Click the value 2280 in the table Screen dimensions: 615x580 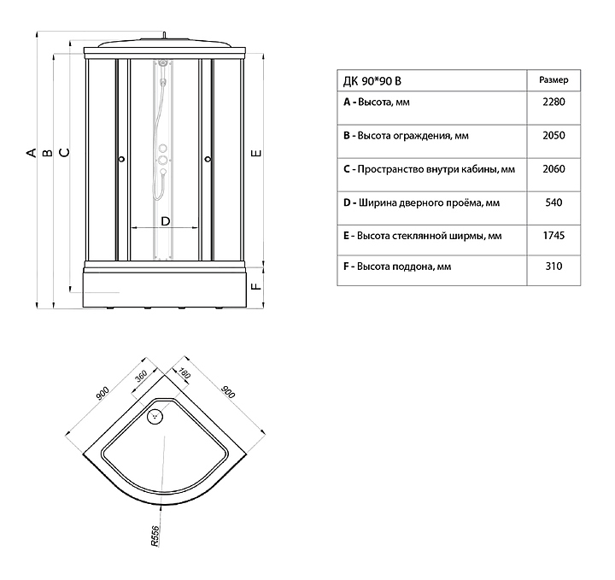point(553,102)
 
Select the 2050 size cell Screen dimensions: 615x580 point(553,136)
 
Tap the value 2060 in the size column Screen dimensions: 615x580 point(553,169)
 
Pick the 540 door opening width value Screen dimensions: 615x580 point(553,202)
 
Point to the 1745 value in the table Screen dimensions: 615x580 point(553,235)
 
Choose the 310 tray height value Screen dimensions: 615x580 point(553,267)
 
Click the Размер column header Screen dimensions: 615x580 point(553,80)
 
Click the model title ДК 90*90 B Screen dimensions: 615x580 point(372,81)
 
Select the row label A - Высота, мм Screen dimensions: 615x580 point(377,103)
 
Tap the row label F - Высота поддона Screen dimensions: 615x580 point(397,267)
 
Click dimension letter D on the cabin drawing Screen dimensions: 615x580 point(166,221)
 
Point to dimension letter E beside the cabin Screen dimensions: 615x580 point(256,153)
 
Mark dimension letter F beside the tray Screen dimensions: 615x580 point(256,286)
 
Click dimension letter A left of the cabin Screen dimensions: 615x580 point(32,153)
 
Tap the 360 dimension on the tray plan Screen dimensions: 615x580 point(140,376)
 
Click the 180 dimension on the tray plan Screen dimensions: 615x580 point(184,373)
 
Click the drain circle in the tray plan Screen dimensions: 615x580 point(155,416)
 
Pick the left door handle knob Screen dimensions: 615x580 point(121,159)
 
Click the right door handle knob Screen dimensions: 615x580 point(208,159)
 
